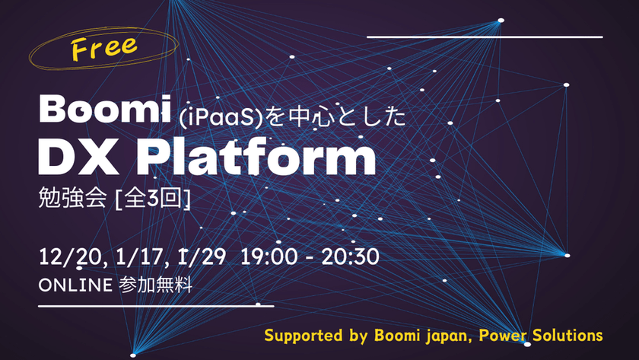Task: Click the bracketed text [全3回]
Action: tap(151, 201)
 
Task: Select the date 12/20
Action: tap(64, 257)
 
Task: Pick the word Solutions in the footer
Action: tap(568, 336)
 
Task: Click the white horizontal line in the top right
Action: tap(485, 36)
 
